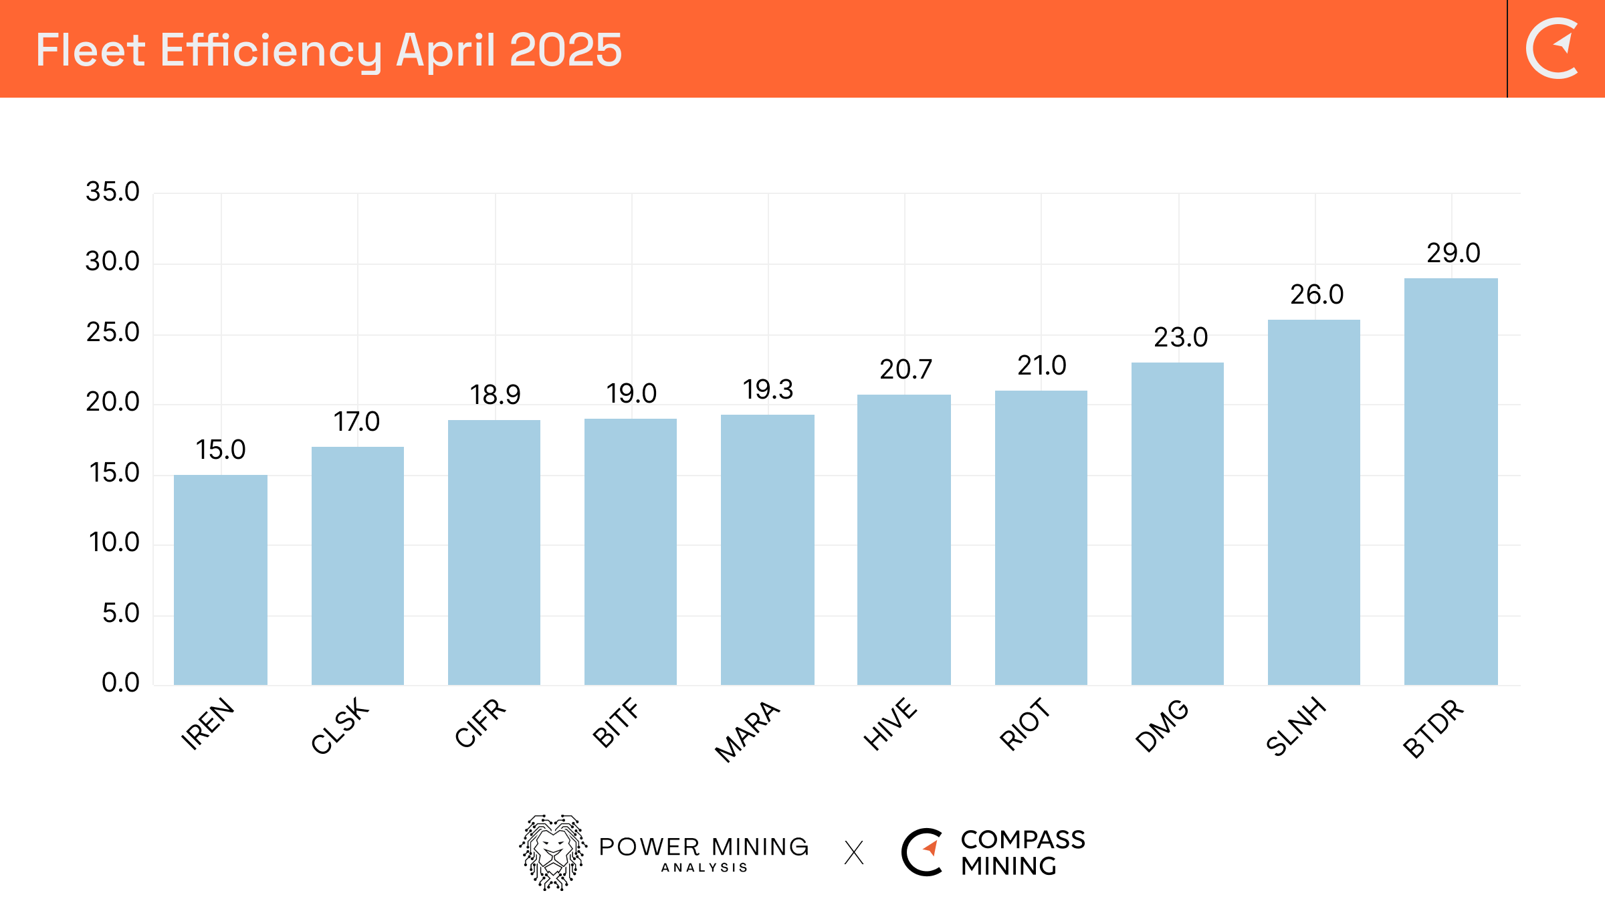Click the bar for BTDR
[x=1451, y=482]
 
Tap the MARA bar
[x=767, y=550]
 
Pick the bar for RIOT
[x=1041, y=538]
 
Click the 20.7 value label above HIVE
[x=905, y=369]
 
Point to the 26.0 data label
[x=1316, y=294]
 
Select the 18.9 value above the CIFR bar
[x=495, y=395]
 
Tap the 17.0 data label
[x=356, y=421]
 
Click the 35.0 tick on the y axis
[x=112, y=192]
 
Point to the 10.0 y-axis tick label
[x=114, y=542]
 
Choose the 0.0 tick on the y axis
[x=120, y=682]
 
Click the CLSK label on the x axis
[x=340, y=726]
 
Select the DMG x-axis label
[x=1162, y=726]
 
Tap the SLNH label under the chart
[x=1296, y=726]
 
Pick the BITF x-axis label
[x=616, y=722]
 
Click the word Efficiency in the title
[x=270, y=51]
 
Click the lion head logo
[x=553, y=851]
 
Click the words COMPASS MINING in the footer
[x=1022, y=852]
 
